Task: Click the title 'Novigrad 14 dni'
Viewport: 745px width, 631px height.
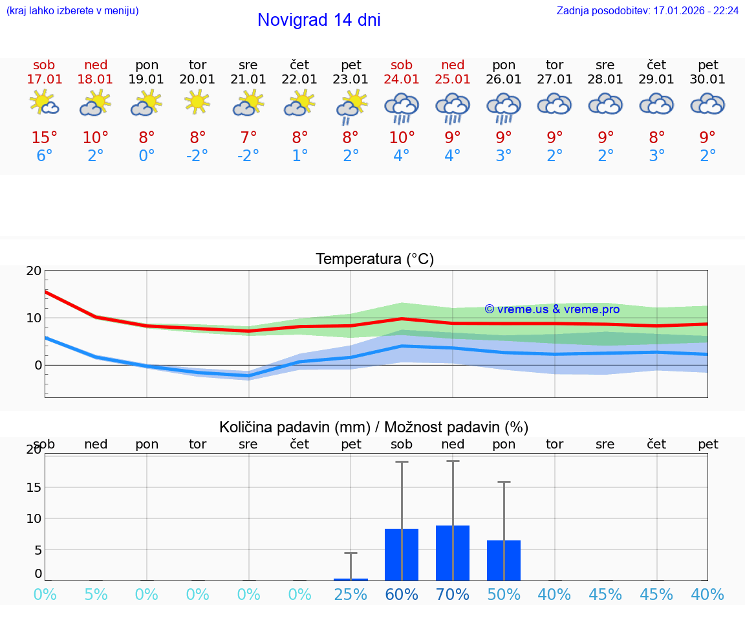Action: (x=319, y=20)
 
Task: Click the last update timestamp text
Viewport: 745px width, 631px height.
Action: (x=647, y=11)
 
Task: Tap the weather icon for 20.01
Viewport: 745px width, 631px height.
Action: (x=197, y=102)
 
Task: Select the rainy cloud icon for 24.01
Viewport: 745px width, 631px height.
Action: (x=402, y=107)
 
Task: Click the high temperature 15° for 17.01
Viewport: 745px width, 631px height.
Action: (x=44, y=138)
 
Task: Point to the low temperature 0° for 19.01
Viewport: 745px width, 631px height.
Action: (x=147, y=156)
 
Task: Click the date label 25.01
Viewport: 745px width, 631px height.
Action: (x=453, y=80)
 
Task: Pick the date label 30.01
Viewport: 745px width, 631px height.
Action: (x=708, y=80)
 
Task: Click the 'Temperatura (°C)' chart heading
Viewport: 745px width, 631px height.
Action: (x=374, y=260)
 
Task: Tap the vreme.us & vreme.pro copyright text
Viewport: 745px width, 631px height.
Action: (x=552, y=309)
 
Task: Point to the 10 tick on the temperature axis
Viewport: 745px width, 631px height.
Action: (x=34, y=318)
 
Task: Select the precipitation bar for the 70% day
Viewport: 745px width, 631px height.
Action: (x=453, y=553)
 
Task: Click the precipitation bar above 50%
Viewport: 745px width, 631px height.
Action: (x=504, y=560)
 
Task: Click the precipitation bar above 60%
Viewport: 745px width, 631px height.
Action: (x=402, y=555)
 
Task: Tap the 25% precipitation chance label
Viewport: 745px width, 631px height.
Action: (x=351, y=595)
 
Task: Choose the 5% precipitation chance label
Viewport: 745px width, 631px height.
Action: (x=96, y=595)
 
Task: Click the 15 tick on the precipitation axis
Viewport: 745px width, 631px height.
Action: (x=34, y=487)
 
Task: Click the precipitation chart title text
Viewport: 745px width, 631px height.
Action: (x=374, y=427)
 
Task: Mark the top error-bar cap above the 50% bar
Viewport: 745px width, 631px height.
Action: (x=504, y=482)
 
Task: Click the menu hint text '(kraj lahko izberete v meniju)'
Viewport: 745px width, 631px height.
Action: (x=72, y=11)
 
